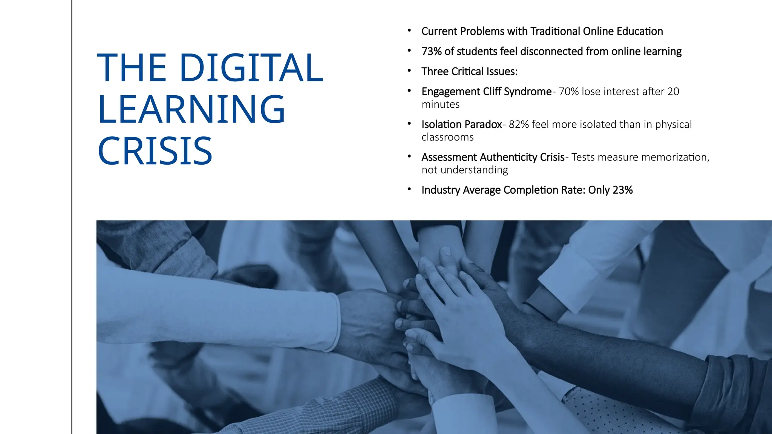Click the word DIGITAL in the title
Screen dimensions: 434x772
click(251, 68)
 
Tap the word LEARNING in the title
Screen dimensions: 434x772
click(191, 109)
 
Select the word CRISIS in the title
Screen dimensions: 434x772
click(155, 151)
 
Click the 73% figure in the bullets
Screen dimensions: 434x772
click(431, 51)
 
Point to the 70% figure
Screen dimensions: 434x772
click(568, 92)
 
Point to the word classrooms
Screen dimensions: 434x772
click(447, 137)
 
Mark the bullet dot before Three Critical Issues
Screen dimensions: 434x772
click(409, 71)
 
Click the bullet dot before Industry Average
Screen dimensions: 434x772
click(409, 189)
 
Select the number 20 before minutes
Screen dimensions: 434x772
click(673, 92)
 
